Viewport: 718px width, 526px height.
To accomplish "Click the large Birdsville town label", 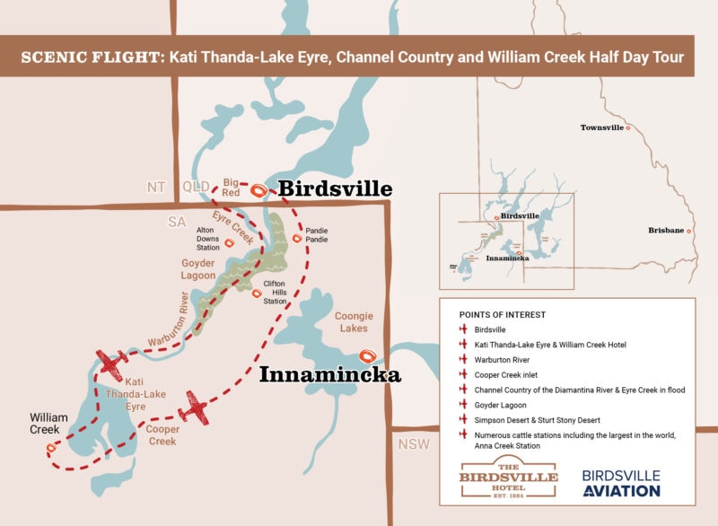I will click(335, 189).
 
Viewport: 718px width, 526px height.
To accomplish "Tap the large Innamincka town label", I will click(329, 375).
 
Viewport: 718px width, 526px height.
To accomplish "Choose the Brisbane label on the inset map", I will click(666, 231).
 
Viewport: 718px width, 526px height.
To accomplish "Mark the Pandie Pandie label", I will click(317, 234).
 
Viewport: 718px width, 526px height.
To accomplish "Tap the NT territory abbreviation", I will click(156, 187).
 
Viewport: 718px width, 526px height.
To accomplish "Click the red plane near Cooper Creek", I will click(193, 407).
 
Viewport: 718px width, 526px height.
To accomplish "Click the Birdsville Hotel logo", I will click(508, 476).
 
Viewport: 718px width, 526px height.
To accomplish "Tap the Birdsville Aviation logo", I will click(621, 483).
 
